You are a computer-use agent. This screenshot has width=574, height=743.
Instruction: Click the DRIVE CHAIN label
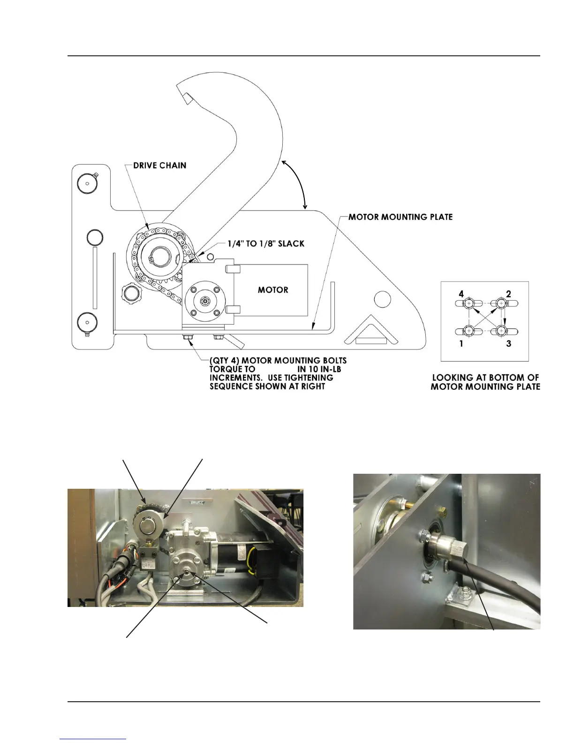tap(159, 166)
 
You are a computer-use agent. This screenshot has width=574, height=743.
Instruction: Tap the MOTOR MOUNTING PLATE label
tap(400, 217)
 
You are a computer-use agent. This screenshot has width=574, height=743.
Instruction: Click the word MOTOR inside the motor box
tap(273, 290)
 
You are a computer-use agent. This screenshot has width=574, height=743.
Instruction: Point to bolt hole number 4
tap(468, 304)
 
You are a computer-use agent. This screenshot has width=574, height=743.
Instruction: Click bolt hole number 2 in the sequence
tap(502, 304)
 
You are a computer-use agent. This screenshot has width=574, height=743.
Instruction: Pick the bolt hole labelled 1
tap(468, 331)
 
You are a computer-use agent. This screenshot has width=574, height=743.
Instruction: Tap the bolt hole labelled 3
tap(502, 331)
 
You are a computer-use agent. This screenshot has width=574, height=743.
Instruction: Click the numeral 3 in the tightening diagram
tap(509, 344)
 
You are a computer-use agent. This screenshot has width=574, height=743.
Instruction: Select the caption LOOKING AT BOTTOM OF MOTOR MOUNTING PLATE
tap(485, 382)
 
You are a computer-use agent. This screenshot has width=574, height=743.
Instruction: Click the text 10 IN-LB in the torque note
tap(319, 369)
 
